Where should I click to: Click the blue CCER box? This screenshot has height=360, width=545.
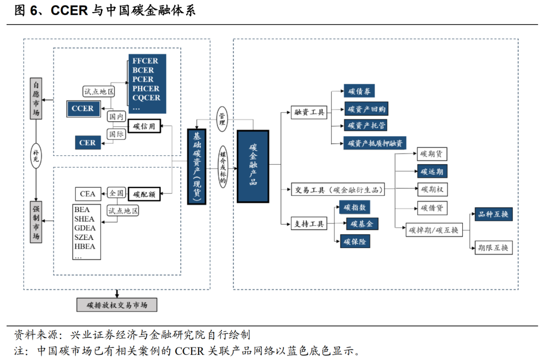click(83, 108)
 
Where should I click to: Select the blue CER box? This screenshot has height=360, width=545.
click(87, 143)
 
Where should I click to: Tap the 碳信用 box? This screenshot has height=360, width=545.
click(144, 126)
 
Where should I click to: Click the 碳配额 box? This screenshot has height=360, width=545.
click(144, 193)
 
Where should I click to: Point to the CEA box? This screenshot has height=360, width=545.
click(87, 193)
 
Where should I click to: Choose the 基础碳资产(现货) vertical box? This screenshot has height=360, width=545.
click(196, 166)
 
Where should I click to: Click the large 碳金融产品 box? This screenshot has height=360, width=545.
click(253, 166)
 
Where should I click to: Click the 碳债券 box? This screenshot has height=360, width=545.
click(359, 91)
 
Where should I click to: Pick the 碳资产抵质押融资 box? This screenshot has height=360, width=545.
click(375, 143)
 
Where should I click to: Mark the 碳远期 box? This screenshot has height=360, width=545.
click(431, 172)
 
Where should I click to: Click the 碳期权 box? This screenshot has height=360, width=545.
click(431, 189)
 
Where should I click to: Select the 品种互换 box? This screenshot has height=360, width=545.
click(493, 214)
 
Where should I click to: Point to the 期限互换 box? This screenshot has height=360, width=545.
click(493, 247)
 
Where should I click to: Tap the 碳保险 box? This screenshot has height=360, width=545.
click(356, 242)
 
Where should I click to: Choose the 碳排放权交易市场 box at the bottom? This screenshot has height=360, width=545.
click(117, 305)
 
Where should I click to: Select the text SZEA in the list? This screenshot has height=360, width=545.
click(84, 237)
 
